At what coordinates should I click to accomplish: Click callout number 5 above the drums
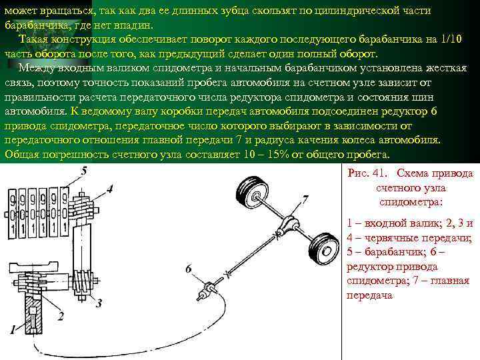pos(83,172)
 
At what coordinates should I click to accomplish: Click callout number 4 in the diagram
pos(109,189)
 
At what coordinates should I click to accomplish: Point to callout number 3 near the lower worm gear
pos(99,304)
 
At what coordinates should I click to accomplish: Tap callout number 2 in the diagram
pos(61,315)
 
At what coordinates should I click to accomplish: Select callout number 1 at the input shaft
pos(11,329)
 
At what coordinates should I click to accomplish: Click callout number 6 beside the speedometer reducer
pos(189,268)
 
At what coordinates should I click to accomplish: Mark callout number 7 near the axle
pos(305,199)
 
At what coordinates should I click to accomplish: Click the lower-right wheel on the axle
pos(324,249)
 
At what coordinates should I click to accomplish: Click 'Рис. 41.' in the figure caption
pos(367,173)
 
